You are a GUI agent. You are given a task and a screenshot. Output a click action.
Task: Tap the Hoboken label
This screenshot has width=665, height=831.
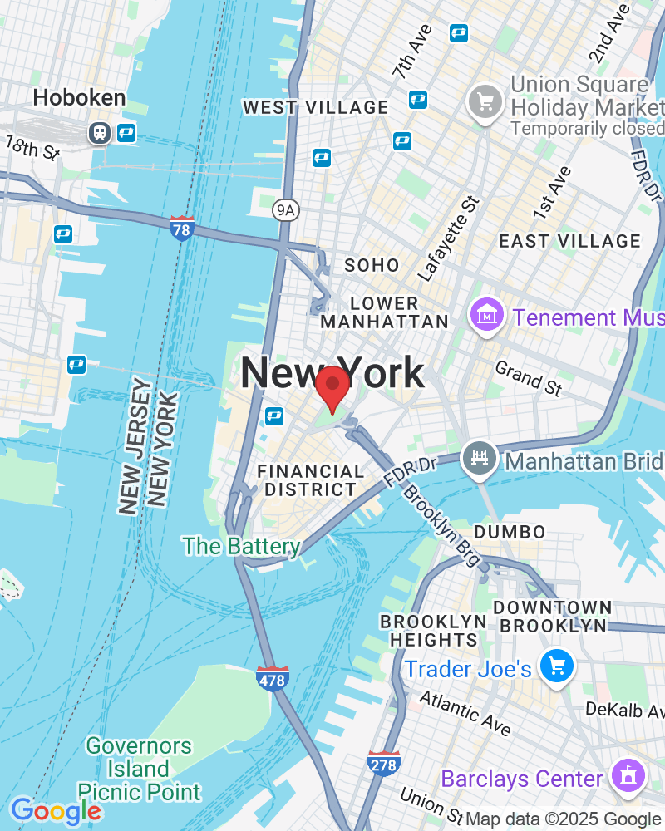[79, 98]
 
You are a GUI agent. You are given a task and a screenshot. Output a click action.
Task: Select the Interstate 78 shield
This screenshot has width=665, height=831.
[181, 228]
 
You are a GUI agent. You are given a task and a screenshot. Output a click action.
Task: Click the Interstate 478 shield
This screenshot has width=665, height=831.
[272, 678]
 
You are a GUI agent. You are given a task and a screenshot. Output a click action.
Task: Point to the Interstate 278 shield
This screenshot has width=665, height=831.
[383, 763]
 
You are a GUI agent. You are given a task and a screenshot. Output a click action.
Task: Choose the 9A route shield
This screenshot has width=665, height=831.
[285, 209]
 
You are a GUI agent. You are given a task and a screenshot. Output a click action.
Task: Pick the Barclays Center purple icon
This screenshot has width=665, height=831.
[625, 777]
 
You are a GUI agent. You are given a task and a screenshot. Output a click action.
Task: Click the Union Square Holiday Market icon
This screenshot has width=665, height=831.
[483, 103]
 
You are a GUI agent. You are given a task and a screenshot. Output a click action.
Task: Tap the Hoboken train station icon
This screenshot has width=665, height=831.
[100, 132]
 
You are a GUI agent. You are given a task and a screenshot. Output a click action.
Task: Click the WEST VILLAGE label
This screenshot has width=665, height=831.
[315, 108]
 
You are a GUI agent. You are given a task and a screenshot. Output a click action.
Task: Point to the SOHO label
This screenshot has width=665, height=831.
[372, 266]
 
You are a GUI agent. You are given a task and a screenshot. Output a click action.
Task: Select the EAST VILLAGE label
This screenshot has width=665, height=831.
[569, 242]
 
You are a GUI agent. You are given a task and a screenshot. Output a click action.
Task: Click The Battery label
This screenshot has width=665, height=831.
[241, 547]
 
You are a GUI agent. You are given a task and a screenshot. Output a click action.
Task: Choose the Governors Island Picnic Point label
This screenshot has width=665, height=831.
[139, 770]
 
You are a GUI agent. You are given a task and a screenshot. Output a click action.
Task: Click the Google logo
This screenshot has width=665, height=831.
[56, 811]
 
